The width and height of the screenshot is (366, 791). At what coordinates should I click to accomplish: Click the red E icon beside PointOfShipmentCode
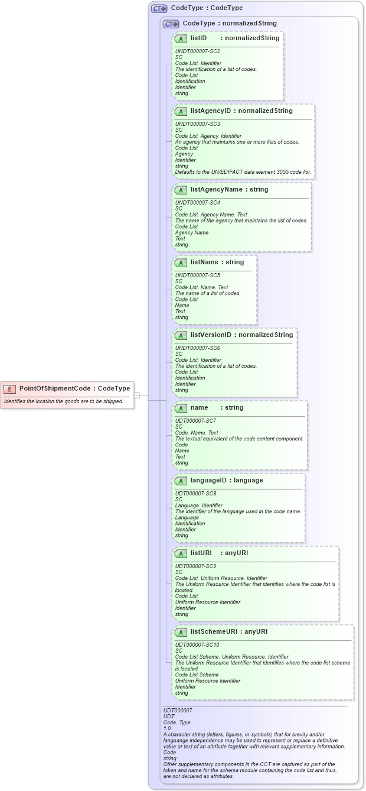coord(9,389)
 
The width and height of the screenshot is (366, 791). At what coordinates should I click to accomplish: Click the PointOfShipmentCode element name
coord(55,388)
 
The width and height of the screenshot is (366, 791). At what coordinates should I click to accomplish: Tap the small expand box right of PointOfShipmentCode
coord(136,395)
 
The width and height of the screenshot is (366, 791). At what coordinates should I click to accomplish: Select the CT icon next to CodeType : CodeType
coord(159,9)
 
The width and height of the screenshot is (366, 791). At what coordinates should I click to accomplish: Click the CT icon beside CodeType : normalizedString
coord(171,24)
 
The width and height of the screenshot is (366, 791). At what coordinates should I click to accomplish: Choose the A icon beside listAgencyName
coord(181,190)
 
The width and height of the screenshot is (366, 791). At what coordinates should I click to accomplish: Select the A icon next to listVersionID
coord(181,335)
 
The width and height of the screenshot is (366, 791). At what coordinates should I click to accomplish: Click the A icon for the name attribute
coord(181,408)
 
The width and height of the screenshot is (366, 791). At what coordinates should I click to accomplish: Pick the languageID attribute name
coord(210,481)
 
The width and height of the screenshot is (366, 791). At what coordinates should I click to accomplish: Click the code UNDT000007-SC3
coord(197,124)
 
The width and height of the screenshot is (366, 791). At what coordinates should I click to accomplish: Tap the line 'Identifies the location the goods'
coord(64,401)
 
